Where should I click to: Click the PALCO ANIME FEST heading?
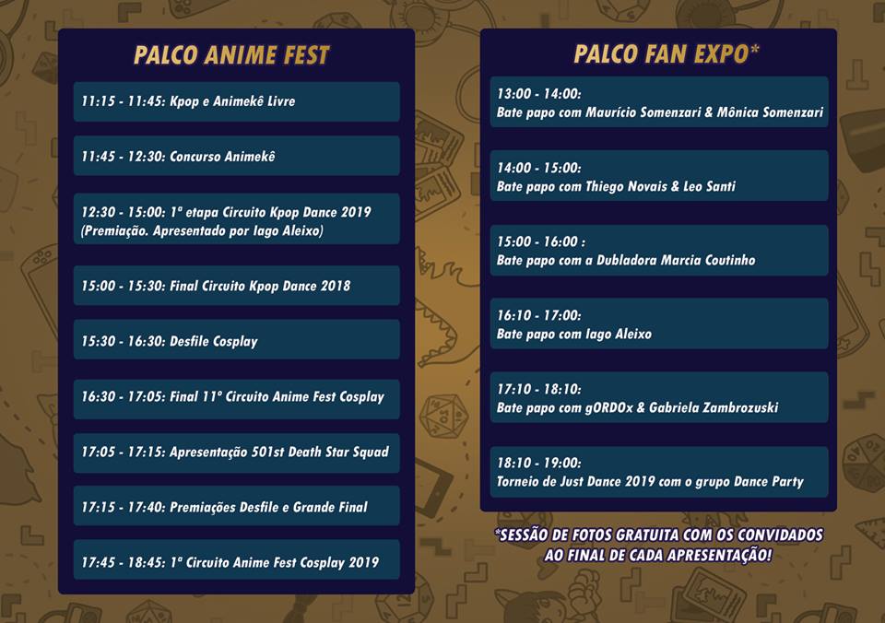coord(231,55)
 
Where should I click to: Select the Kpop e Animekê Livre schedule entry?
coord(237,101)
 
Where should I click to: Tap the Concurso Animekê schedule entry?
coord(237,156)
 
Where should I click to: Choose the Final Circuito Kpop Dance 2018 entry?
coord(237,286)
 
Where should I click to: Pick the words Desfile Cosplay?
coord(214,341)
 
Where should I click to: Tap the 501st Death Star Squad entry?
coord(237,453)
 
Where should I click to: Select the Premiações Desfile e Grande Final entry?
coord(237,507)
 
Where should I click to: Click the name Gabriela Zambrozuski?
coord(714,407)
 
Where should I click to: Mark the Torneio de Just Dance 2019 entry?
coord(659,472)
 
